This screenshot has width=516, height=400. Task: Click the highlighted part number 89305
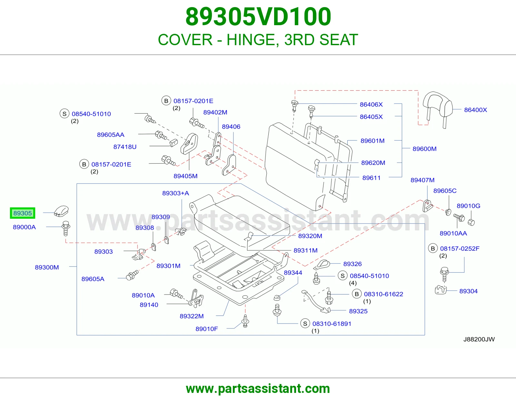point(23,213)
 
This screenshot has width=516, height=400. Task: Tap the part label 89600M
point(424,149)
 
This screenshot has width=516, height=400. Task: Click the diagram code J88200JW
point(479,339)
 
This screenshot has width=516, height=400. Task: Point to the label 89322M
point(192,316)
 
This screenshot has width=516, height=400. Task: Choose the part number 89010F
point(207,329)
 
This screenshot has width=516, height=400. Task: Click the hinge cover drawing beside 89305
point(61,211)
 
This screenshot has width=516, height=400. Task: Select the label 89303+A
point(175,193)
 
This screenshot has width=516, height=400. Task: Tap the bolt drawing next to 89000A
point(66,228)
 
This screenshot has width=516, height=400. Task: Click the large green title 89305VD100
point(258,17)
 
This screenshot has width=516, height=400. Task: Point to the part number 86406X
point(371,104)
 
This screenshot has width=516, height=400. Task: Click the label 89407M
point(422,180)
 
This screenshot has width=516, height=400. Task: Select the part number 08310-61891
point(332,324)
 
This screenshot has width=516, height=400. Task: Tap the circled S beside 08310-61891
point(305,324)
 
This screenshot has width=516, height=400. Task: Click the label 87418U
point(125,147)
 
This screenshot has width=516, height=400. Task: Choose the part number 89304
point(468,291)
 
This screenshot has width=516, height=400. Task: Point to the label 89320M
point(310,236)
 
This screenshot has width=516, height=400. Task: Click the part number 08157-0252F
point(460,248)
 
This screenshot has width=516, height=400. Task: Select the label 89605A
point(93,279)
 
